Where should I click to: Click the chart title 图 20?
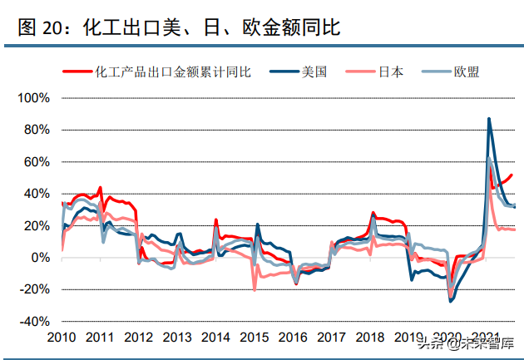pos(178,27)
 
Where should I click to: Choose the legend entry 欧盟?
pos(466,72)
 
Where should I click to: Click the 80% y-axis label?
pos(37,130)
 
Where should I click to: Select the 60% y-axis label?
pos(37,162)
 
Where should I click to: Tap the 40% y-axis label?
pos(37,194)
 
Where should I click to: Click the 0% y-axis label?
pos(40,258)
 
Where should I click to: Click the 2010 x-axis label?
pos(62,338)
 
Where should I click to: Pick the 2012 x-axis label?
pos(139,338)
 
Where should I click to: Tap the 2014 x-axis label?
pos(216,338)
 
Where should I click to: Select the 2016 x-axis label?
pos(293,338)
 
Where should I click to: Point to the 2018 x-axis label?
pos(369,338)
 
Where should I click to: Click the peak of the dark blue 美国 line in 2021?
pos(489,119)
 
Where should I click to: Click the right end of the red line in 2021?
pos(512,175)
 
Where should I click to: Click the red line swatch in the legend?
pos(78,72)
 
